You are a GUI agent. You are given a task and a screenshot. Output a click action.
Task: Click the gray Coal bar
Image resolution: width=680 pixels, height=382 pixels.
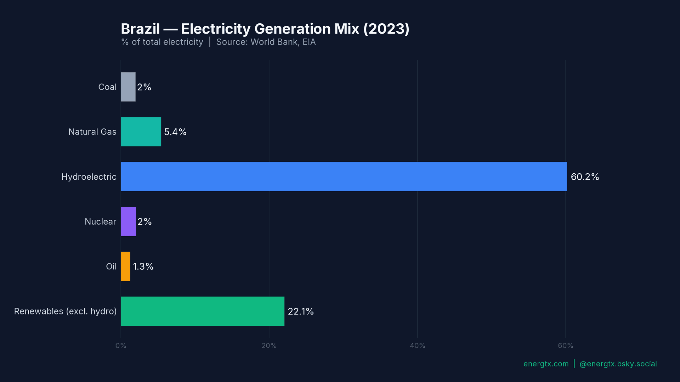click(128, 87)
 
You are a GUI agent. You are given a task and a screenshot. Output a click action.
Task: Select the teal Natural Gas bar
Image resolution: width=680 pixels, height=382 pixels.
click(141, 132)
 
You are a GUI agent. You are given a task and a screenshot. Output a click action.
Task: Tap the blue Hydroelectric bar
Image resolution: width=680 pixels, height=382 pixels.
click(344, 176)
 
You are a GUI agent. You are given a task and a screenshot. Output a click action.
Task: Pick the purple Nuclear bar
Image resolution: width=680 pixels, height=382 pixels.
click(128, 221)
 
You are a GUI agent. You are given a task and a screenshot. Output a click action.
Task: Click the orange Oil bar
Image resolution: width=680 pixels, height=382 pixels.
click(125, 266)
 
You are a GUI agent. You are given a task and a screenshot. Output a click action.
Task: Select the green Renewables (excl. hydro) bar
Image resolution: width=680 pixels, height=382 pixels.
click(202, 311)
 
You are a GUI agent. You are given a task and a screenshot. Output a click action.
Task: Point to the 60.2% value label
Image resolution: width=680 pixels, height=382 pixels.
click(585, 177)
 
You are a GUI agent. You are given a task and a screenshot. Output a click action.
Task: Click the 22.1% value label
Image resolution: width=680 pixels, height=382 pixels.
click(300, 312)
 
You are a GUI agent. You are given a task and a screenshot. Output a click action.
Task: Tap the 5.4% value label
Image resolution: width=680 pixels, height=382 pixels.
click(175, 132)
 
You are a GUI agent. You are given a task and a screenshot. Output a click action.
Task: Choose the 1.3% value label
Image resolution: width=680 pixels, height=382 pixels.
click(143, 267)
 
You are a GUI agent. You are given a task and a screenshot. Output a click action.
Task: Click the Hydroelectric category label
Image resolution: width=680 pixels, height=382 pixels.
click(89, 177)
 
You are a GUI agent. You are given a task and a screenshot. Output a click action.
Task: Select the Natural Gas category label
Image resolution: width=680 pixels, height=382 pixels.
click(92, 132)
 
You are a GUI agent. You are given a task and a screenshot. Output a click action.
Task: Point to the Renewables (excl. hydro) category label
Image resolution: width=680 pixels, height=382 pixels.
click(65, 311)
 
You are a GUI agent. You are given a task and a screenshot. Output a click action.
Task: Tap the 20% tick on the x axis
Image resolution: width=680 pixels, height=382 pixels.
click(269, 346)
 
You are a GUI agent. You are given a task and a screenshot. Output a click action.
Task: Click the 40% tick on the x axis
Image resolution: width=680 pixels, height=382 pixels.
click(417, 346)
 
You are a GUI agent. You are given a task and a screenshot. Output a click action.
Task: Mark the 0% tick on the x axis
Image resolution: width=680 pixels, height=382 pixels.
click(121, 346)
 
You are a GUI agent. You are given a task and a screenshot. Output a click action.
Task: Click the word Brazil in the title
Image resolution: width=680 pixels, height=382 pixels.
click(140, 29)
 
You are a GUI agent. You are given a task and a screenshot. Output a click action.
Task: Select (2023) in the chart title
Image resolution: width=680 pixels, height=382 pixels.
click(386, 29)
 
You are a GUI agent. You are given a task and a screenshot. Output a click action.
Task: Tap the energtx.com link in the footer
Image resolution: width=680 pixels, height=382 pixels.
click(546, 364)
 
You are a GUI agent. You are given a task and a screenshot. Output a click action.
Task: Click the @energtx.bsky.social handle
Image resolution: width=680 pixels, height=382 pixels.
click(618, 364)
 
